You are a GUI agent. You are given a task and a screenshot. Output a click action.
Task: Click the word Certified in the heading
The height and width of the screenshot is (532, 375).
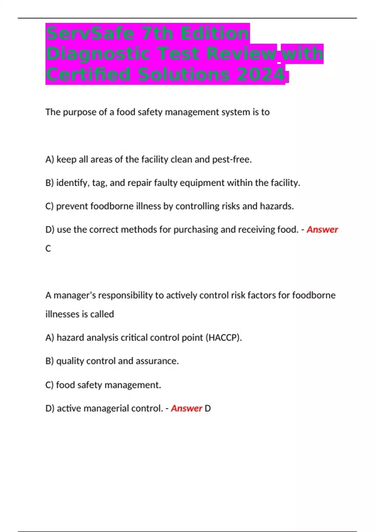tap(88, 75)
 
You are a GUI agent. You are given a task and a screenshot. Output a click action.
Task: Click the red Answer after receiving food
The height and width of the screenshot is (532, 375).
tap(322, 230)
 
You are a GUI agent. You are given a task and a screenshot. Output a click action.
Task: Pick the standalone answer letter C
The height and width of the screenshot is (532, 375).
tap(48, 248)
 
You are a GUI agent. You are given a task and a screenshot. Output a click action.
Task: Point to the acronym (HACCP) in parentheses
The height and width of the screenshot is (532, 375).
tap(224, 338)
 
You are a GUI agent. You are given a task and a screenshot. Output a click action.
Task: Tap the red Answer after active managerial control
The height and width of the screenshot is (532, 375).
tap(187, 408)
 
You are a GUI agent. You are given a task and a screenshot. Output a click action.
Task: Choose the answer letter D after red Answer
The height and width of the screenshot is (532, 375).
tap(207, 408)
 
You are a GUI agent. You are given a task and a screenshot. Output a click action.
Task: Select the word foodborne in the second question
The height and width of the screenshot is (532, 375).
tap(314, 295)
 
